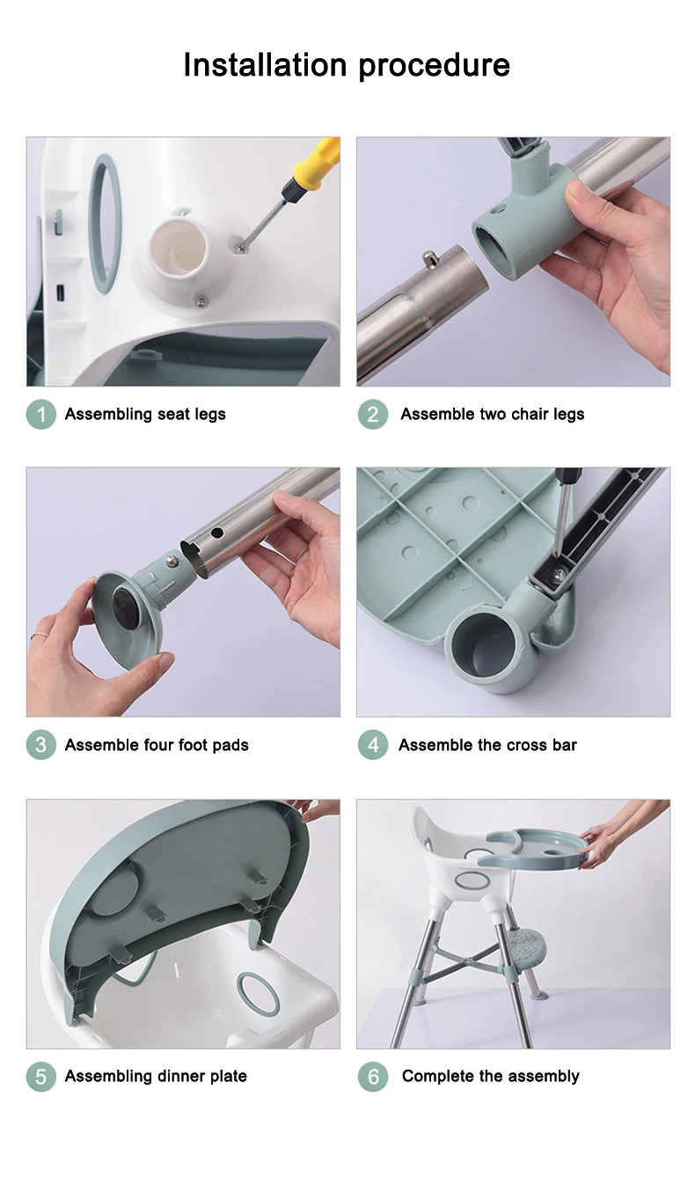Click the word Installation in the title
point(265,64)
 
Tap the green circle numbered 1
point(41,414)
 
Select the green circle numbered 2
point(373,414)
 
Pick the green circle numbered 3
point(41,745)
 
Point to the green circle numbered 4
point(373,745)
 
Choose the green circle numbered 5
point(41,1076)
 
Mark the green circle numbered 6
point(373,1076)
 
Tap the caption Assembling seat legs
point(145,415)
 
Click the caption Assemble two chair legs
point(493,415)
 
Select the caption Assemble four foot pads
point(157,746)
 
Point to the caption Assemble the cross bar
point(487,745)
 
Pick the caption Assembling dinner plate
point(156,1077)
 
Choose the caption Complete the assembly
point(490,1077)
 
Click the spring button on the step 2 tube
point(429,260)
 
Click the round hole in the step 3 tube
point(217,532)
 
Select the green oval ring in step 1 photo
point(106,224)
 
